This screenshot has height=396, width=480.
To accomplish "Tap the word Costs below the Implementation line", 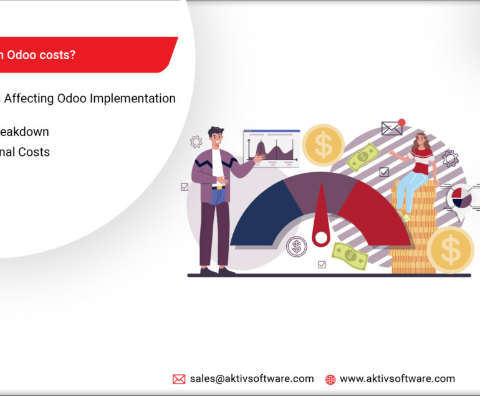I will [34, 152].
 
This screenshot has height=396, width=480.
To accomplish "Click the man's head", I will [216, 137].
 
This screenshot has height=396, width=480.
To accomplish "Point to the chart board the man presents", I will [271, 148].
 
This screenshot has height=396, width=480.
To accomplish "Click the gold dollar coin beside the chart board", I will [323, 145].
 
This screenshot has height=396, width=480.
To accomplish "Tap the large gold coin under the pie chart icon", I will [450, 249].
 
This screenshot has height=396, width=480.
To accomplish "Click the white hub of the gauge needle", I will [321, 237].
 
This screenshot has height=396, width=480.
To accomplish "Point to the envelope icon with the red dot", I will [392, 127].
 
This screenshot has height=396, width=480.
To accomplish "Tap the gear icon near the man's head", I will [196, 142].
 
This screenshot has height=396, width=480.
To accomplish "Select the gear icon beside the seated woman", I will [449, 158].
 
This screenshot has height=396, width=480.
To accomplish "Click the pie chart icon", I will [462, 197].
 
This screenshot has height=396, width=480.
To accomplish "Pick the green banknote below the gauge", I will [350, 255].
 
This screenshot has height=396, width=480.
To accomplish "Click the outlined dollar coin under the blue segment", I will [296, 246].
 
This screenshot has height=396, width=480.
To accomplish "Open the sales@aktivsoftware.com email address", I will [251, 379].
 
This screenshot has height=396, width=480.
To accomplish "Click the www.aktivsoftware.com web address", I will [397, 379].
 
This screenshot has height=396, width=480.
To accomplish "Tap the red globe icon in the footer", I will [330, 379].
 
